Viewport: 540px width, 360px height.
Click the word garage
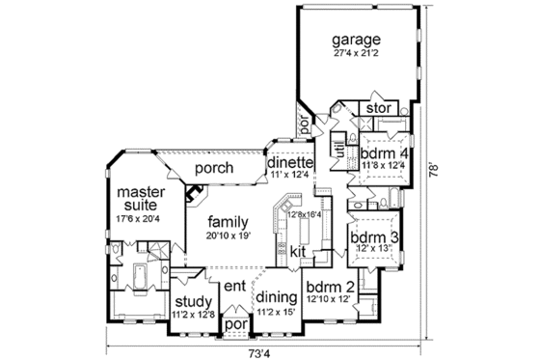(x=357, y=41)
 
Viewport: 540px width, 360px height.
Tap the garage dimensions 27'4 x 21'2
(x=357, y=55)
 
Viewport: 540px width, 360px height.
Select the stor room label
(x=377, y=109)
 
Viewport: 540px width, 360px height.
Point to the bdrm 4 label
(x=383, y=152)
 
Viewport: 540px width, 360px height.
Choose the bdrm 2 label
(x=324, y=287)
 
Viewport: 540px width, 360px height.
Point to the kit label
(x=298, y=251)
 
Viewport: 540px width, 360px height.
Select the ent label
(x=234, y=286)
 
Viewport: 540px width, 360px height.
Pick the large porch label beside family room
(x=212, y=168)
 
